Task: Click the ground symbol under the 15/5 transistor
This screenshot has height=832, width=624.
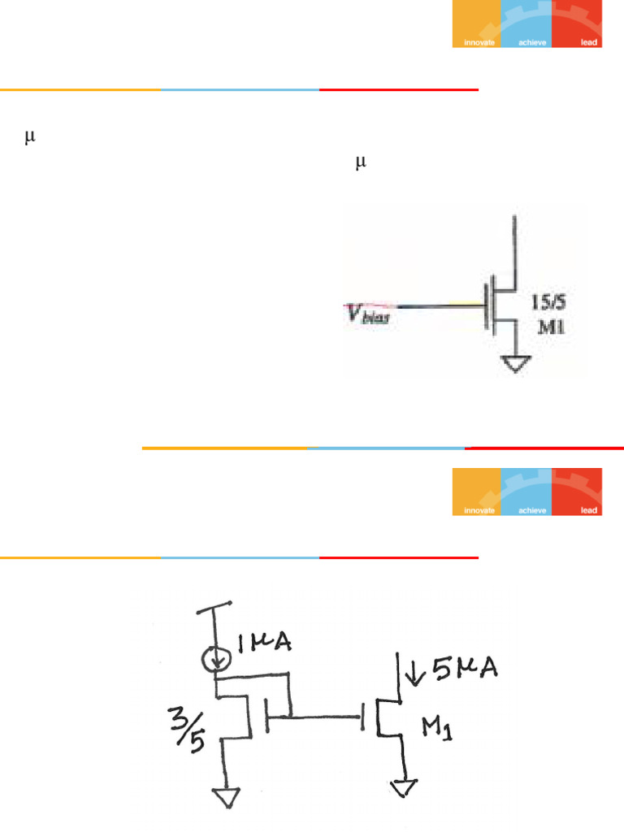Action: pos(514,366)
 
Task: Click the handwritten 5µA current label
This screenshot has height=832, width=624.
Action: pos(455,670)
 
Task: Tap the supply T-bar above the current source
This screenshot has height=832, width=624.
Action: pos(214,606)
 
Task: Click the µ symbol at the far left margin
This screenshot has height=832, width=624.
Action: pos(30,138)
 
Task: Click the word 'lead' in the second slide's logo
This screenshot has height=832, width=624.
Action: pos(589,510)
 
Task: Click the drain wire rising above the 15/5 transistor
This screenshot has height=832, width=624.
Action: pos(514,244)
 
